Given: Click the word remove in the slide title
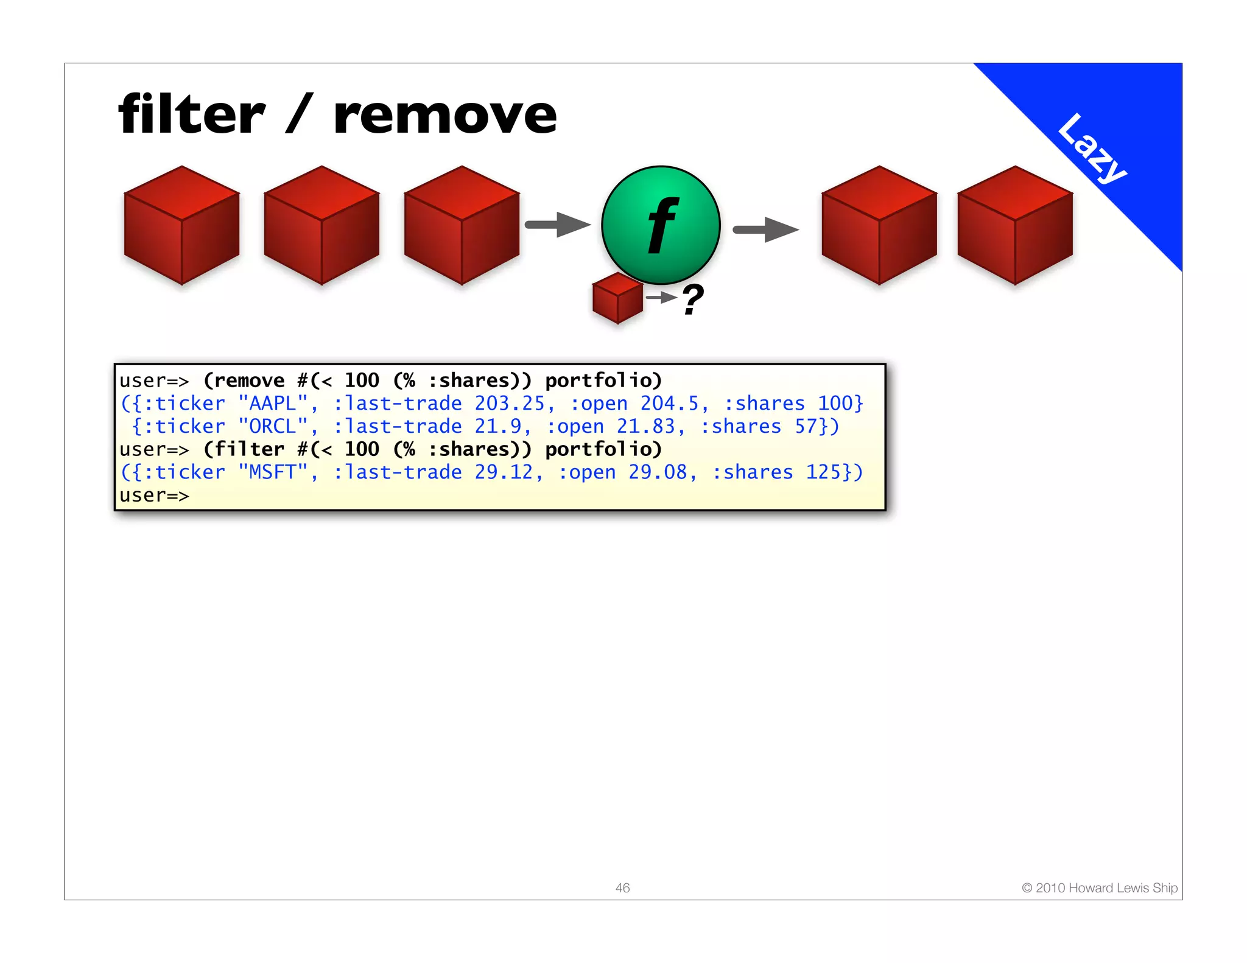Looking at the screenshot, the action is click(x=445, y=116).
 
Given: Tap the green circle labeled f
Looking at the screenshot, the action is click(x=661, y=225).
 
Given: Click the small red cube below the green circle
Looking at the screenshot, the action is click(x=617, y=298).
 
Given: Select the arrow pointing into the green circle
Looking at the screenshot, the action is click(x=557, y=225).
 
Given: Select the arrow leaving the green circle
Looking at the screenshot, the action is click(x=765, y=229).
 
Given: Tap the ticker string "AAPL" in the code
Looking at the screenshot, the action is click(x=273, y=403).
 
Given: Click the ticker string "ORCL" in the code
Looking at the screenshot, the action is click(x=273, y=426).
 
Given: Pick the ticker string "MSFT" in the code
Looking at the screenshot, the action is click(x=273, y=472).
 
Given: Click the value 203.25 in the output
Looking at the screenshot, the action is click(x=509, y=403).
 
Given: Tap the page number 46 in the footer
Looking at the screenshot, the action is click(x=622, y=888).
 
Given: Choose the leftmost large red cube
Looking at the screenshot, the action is click(x=181, y=225).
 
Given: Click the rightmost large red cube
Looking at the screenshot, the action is click(x=1014, y=225).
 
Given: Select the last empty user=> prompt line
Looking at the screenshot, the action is click(x=154, y=496).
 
